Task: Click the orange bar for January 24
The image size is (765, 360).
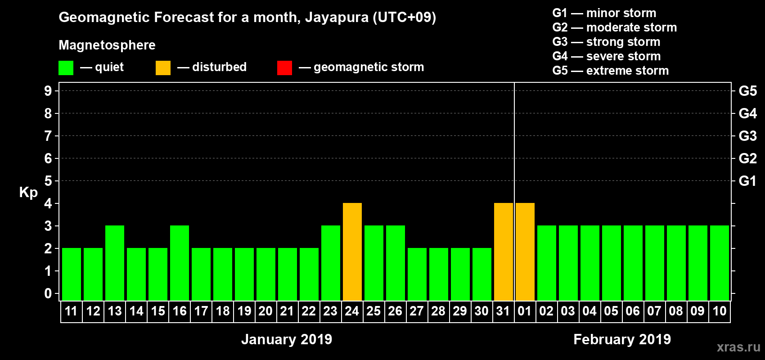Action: point(352,252)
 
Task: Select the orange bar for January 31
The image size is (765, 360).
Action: point(504,252)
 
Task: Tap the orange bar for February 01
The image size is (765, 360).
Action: point(525,252)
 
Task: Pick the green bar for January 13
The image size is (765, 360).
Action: point(115,263)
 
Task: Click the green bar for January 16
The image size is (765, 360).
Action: point(180,263)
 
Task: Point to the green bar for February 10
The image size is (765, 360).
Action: point(720,263)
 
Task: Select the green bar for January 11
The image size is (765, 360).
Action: point(72,274)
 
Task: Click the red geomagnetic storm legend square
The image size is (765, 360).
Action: point(284,68)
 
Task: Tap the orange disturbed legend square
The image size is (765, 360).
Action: point(163,68)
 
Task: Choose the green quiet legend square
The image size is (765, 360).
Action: point(66,68)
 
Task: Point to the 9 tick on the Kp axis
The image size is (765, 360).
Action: point(48,91)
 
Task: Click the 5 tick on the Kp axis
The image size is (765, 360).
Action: point(48,181)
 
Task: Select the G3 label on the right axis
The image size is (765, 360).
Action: point(747,136)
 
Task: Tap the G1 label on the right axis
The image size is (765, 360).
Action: point(747,181)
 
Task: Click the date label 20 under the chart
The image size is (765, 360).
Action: point(265,311)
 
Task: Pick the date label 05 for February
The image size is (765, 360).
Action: point(611,311)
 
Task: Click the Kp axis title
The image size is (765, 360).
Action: point(28,193)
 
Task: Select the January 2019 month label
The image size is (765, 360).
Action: point(287,339)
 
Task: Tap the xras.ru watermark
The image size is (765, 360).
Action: point(738,347)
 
